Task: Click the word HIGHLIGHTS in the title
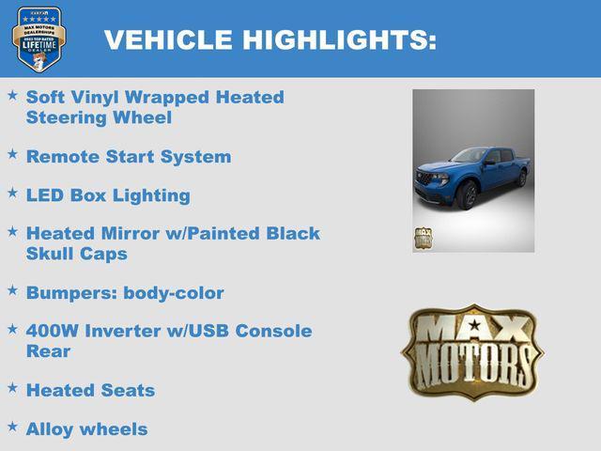(339, 40)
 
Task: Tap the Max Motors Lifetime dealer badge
(39, 39)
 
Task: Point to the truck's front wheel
(469, 195)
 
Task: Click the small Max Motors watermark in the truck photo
(424, 238)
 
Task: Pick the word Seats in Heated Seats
(126, 390)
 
